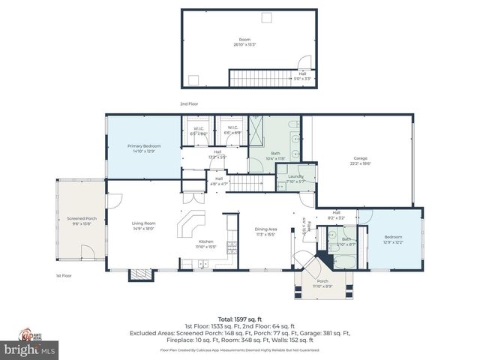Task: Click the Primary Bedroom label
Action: [x=142, y=148]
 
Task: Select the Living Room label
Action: [x=144, y=226]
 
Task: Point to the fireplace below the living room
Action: [x=137, y=275]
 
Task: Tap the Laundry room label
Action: [x=295, y=178]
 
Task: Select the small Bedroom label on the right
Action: [x=394, y=240]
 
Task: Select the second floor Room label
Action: [x=244, y=42]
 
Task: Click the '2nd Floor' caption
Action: [x=189, y=103]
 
